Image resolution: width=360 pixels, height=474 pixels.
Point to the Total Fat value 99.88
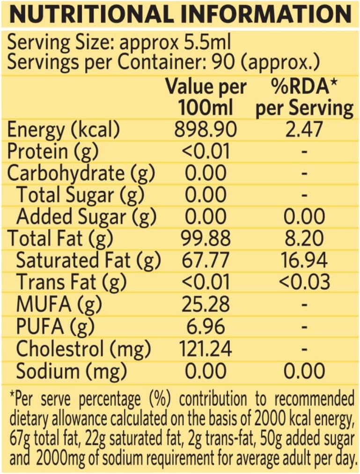click(x=206, y=239)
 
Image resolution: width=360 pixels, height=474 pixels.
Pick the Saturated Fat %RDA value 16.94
click(x=304, y=260)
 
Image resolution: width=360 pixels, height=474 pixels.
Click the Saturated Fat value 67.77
click(x=206, y=260)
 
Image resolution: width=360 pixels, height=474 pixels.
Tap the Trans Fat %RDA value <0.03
click(x=304, y=282)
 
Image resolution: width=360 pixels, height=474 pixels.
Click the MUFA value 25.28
click(x=206, y=304)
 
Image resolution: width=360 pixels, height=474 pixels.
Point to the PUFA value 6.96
click(x=206, y=326)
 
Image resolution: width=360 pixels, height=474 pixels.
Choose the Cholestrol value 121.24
click(x=206, y=348)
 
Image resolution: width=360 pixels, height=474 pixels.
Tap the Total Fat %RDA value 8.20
click(x=304, y=239)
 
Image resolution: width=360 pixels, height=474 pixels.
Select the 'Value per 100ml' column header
click(x=206, y=97)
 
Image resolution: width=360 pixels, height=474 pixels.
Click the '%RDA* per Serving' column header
click(x=304, y=97)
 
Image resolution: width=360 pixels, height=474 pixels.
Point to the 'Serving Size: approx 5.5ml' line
click(x=119, y=44)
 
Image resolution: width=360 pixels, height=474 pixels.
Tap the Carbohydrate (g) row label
click(x=81, y=173)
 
